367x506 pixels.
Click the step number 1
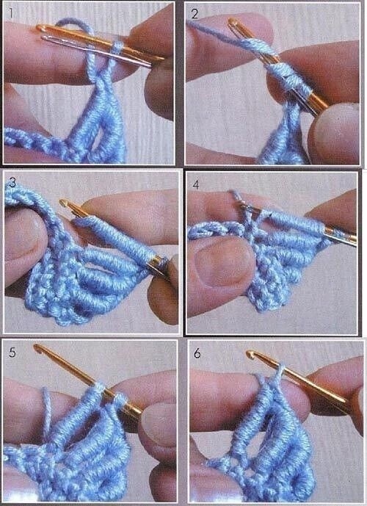click(11, 13)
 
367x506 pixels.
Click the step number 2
click(195, 14)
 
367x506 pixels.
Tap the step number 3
click(12, 182)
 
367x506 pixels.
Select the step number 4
click(196, 184)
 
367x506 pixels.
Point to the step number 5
click(12, 352)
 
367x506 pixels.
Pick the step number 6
click(197, 353)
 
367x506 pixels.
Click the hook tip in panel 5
click(37, 348)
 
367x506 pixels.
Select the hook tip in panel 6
click(250, 354)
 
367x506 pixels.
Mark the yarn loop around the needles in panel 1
click(117, 48)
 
